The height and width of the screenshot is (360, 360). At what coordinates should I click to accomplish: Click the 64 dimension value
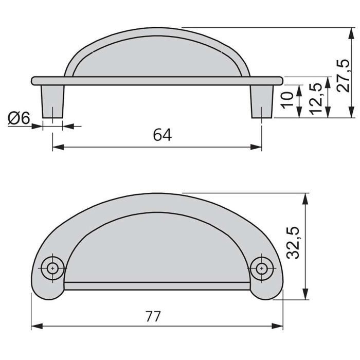pyautogui.click(x=162, y=135)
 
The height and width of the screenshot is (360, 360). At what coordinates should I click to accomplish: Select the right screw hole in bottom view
pyautogui.click(x=263, y=268)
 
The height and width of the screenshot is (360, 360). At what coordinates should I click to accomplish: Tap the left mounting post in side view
pyautogui.click(x=53, y=100)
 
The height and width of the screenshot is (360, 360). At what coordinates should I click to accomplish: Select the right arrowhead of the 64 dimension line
pyautogui.click(x=258, y=148)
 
